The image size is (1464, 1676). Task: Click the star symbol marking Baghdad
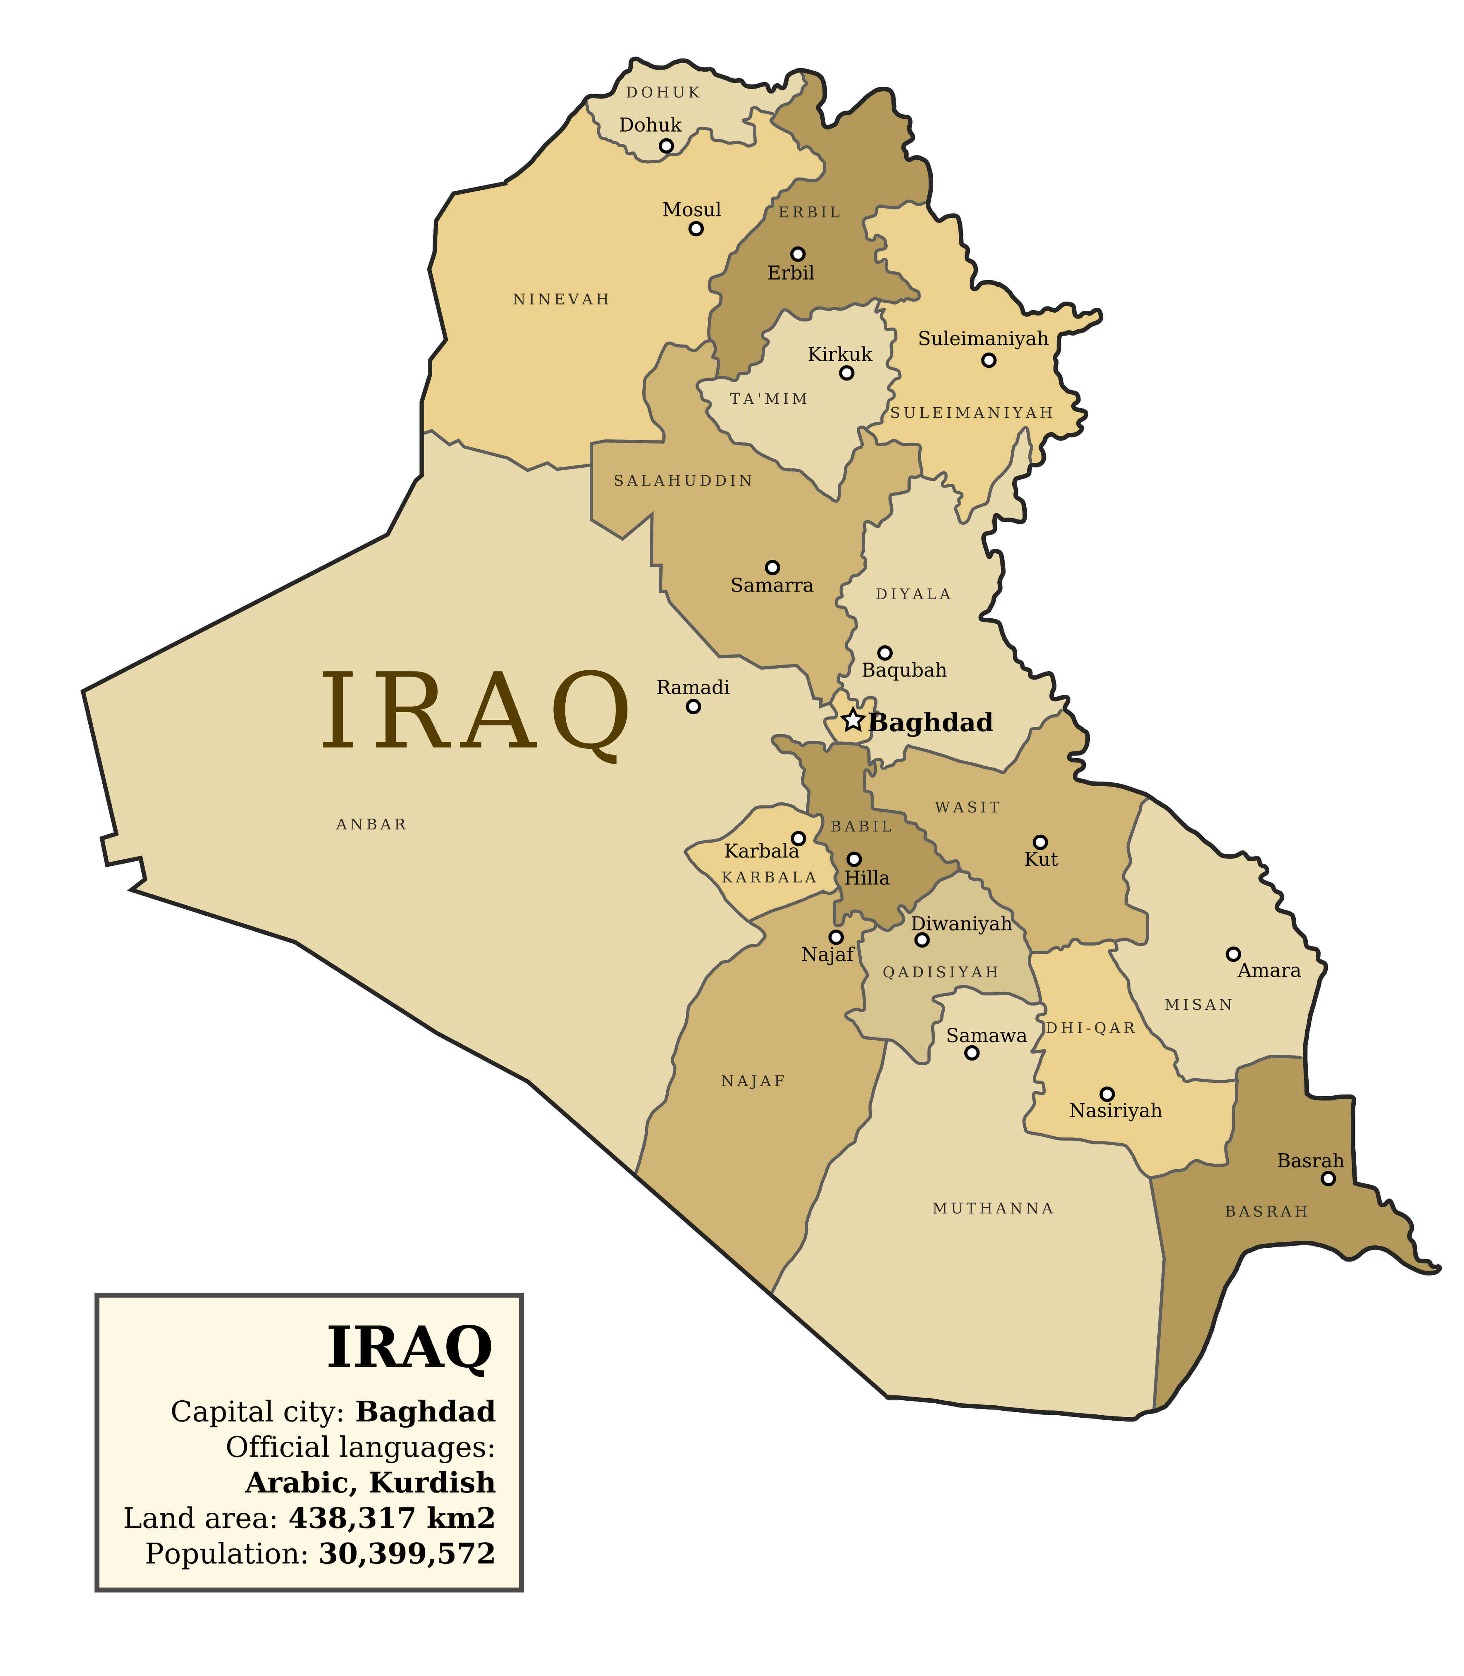click(x=853, y=720)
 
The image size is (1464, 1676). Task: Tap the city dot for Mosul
click(x=696, y=229)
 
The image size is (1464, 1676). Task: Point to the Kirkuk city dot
click(x=847, y=373)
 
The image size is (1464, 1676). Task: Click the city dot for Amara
click(x=1234, y=954)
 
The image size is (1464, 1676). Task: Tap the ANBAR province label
click(x=372, y=825)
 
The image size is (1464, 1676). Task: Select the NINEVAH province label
click(x=561, y=300)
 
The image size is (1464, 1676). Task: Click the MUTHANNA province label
click(x=994, y=1209)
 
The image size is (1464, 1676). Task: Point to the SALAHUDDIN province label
click(x=683, y=481)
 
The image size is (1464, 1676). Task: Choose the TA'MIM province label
click(x=769, y=399)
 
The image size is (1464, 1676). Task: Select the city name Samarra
click(x=772, y=586)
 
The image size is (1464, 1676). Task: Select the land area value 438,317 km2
click(x=392, y=1518)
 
